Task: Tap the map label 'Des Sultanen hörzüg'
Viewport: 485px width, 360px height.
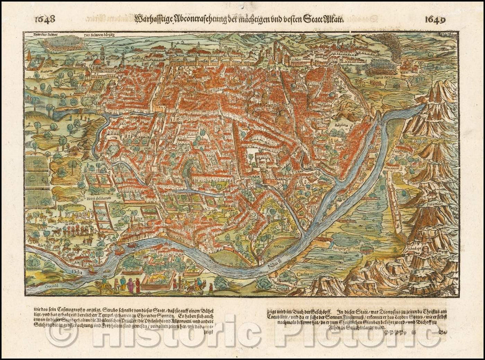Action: [x=98, y=35]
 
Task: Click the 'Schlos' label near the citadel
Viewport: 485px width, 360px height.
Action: [x=298, y=58]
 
